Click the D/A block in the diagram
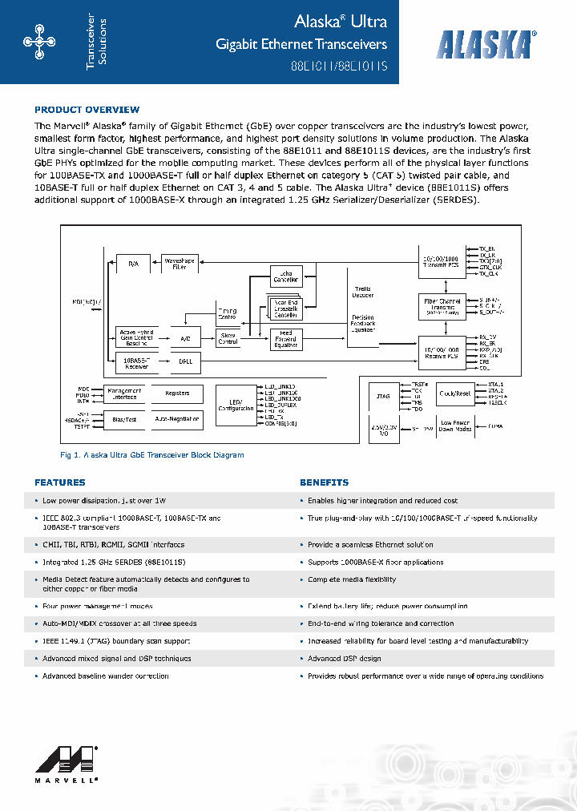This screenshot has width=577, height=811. click(x=133, y=263)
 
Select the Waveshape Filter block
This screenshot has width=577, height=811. click(x=180, y=263)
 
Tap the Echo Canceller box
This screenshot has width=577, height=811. click(x=285, y=276)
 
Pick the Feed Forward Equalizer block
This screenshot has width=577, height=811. click(x=285, y=339)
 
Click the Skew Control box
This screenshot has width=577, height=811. click(x=228, y=339)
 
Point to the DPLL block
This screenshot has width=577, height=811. click(x=185, y=362)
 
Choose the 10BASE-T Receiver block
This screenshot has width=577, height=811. click(x=133, y=362)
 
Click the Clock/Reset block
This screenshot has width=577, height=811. click(x=454, y=393)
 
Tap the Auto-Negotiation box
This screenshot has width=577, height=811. click(x=178, y=418)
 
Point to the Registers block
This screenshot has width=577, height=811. click(x=178, y=393)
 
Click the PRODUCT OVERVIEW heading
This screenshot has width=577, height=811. click(x=87, y=110)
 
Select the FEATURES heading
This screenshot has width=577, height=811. click(x=59, y=482)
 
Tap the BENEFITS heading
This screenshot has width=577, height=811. click(x=324, y=482)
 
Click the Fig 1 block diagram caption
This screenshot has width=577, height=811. click(x=152, y=455)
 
